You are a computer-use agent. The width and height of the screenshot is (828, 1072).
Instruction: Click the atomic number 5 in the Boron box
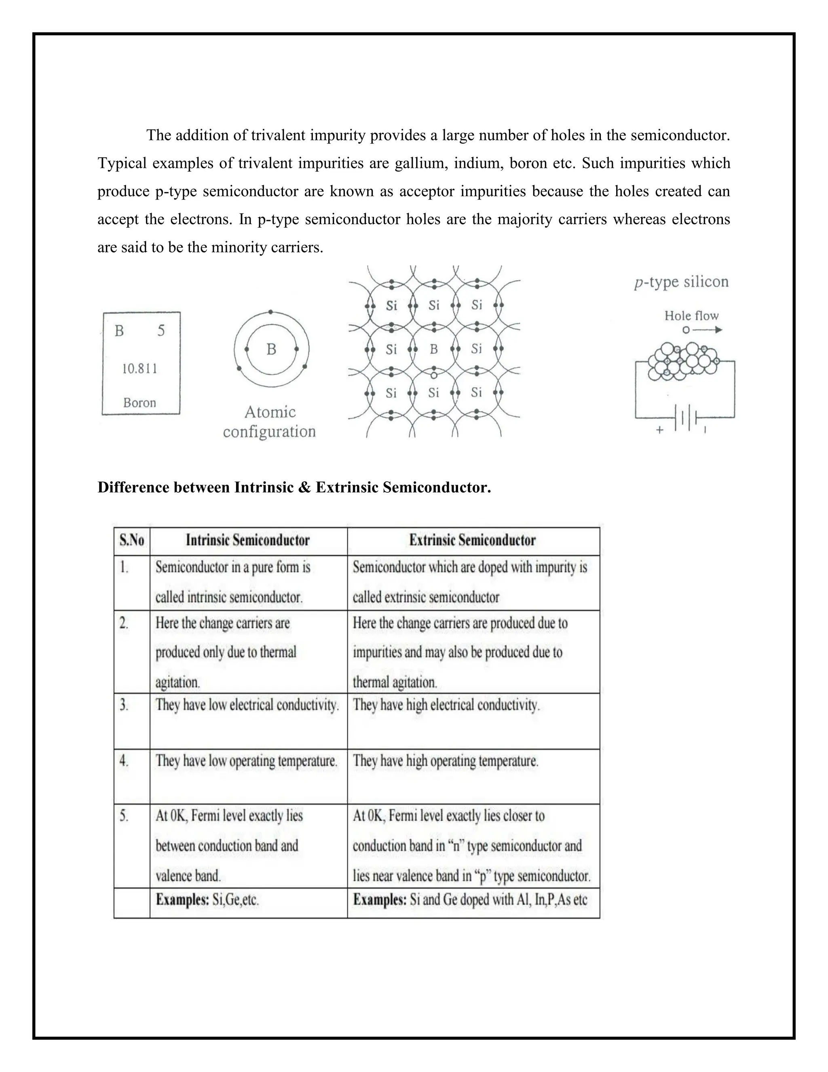(x=161, y=331)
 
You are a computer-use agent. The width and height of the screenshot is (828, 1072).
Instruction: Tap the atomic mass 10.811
(x=139, y=369)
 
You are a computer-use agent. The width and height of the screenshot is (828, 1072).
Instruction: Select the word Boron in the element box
(x=139, y=403)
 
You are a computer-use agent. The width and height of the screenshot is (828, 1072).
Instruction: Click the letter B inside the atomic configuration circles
(x=271, y=349)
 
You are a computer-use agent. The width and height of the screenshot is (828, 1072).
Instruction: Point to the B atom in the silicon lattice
(x=434, y=349)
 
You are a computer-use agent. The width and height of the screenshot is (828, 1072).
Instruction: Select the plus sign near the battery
(x=660, y=430)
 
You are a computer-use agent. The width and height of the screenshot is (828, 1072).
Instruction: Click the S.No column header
(x=132, y=540)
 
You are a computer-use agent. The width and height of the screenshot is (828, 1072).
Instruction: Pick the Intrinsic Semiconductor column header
(x=248, y=540)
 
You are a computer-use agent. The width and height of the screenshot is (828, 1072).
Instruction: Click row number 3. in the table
(x=124, y=705)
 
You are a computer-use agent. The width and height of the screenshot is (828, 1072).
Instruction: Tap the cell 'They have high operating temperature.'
(x=446, y=761)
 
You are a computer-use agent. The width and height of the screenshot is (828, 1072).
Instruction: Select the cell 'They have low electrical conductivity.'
(x=247, y=705)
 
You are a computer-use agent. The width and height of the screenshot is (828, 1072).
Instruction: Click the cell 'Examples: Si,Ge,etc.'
(x=207, y=900)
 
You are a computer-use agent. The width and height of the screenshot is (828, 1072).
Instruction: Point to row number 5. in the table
(x=124, y=816)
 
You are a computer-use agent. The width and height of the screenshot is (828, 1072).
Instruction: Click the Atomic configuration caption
(x=269, y=421)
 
